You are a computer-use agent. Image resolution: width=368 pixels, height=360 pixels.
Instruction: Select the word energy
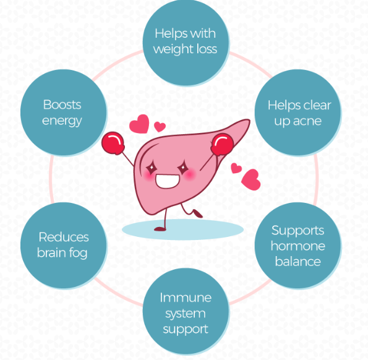pyautogui.click(x=62, y=120)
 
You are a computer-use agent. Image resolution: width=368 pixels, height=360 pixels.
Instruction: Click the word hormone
pyautogui.click(x=298, y=246)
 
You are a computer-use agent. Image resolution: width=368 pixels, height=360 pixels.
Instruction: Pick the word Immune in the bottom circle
pyautogui.click(x=186, y=298)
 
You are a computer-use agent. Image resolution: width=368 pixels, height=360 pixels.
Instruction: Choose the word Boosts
pyautogui.click(x=62, y=105)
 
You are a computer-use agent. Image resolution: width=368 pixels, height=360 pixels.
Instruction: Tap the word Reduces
pyautogui.click(x=64, y=237)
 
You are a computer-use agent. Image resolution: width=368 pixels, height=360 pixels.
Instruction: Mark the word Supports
pyautogui.click(x=298, y=230)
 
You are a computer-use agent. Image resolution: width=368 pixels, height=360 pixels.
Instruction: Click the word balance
pyautogui.click(x=298, y=261)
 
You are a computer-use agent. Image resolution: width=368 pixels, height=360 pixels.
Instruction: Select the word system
pyautogui.click(x=186, y=313)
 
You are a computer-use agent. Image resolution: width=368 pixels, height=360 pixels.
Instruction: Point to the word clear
pyautogui.click(x=317, y=105)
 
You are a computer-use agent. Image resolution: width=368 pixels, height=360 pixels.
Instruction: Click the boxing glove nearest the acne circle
pyautogui.click(x=221, y=147)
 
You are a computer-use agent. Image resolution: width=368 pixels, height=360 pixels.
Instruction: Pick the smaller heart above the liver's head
pyautogui.click(x=160, y=127)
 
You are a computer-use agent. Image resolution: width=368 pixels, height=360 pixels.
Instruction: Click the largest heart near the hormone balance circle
pyautogui.click(x=251, y=179)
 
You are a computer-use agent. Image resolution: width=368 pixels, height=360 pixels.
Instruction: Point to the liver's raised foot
pyautogui.click(x=197, y=214)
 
